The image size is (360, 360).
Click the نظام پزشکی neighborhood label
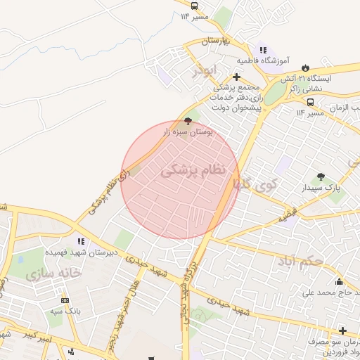tap(194, 169)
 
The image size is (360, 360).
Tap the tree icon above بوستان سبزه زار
tap(187, 121)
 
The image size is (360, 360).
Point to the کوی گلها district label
tap(256, 184)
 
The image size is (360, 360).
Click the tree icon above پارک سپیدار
tap(321, 177)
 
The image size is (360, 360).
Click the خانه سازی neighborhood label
tap(53, 273)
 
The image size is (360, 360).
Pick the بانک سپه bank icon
tap(65, 300)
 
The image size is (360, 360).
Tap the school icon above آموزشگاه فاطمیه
tap(263, 50)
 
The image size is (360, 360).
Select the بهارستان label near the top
tap(216, 41)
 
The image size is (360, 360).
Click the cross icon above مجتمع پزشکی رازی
tap(236, 77)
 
